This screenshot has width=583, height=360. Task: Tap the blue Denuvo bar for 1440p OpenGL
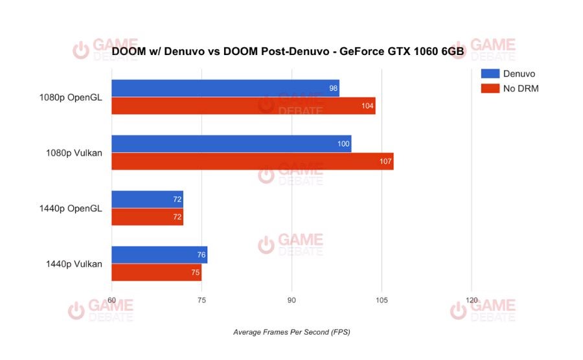(x=147, y=199)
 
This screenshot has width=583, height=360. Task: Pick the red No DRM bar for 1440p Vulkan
(x=156, y=273)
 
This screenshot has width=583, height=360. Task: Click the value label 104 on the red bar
(x=368, y=106)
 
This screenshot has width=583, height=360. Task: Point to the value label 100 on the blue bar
(x=343, y=144)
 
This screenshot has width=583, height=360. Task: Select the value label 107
(x=386, y=161)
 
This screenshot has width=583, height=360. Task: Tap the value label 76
(x=201, y=255)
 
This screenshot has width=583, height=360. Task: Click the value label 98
(x=333, y=88)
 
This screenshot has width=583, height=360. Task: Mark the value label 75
(x=195, y=273)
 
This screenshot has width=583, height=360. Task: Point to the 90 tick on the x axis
(x=291, y=300)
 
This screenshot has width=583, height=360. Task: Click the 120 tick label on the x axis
(x=472, y=300)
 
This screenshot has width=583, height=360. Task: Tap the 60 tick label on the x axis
(x=111, y=300)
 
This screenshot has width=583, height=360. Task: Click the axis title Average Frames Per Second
(x=291, y=332)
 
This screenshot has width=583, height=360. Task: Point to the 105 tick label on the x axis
(x=382, y=300)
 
